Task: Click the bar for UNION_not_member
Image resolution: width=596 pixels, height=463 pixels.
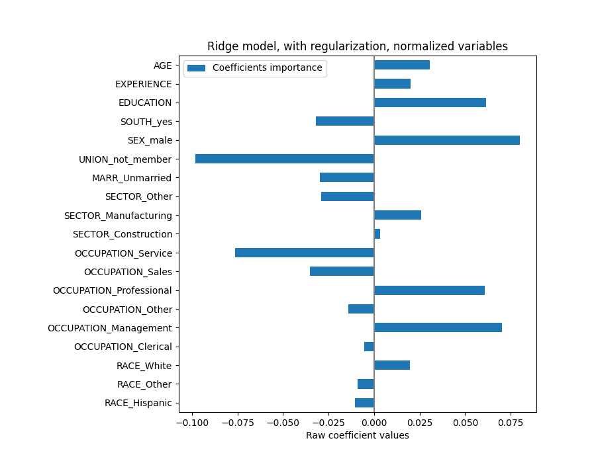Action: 285,159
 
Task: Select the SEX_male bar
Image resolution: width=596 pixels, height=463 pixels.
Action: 447,140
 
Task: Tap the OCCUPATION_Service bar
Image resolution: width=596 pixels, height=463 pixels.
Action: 305,253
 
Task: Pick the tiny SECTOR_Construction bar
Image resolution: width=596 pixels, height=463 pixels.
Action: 377,234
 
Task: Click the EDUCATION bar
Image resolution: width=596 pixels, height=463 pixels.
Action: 430,103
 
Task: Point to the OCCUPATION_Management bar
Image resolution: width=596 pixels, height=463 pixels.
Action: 438,327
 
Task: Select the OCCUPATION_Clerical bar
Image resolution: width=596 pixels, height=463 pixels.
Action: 369,347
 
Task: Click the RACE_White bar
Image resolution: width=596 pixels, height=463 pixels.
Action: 392,365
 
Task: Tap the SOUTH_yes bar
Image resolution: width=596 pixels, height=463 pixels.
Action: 345,121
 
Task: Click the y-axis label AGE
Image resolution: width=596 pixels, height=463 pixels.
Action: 162,65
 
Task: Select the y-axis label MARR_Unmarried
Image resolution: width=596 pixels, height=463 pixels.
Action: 132,178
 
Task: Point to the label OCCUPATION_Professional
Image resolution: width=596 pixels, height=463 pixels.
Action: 112,290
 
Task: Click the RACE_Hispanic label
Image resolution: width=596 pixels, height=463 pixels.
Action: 138,403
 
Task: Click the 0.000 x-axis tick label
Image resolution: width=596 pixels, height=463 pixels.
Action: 374,422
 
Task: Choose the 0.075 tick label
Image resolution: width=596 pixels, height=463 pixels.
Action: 510,422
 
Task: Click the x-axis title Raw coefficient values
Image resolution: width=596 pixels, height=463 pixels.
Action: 358,435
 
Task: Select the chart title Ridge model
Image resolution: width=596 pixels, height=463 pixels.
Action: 358,46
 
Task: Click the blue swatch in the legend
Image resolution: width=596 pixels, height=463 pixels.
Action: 197,68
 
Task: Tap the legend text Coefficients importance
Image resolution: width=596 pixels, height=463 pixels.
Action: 267,68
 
